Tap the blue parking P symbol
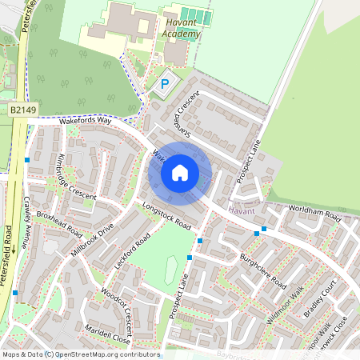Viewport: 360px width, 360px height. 166,83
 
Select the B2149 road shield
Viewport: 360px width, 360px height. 24,108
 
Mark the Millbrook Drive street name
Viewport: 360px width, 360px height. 93,241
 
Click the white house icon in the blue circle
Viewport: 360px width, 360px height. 180,172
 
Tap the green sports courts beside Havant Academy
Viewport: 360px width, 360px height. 195,16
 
